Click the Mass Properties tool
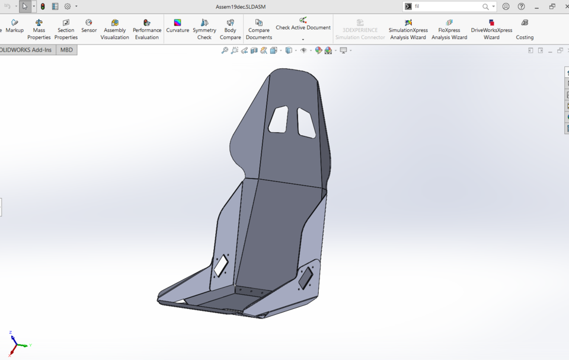(39, 29)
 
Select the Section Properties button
(66, 29)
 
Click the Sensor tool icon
(89, 26)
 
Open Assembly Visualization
(114, 29)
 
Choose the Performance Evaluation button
(146, 29)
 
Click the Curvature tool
(177, 26)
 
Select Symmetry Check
(204, 29)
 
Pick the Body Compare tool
(230, 29)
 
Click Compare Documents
(259, 29)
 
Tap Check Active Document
(303, 24)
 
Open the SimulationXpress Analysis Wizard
(408, 29)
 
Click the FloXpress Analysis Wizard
(449, 29)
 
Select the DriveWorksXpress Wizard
(491, 29)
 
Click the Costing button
(525, 29)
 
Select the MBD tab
(66, 50)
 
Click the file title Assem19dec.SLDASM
(240, 7)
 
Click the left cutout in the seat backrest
(278, 119)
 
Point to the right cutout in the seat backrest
(306, 123)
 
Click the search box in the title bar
(447, 7)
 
